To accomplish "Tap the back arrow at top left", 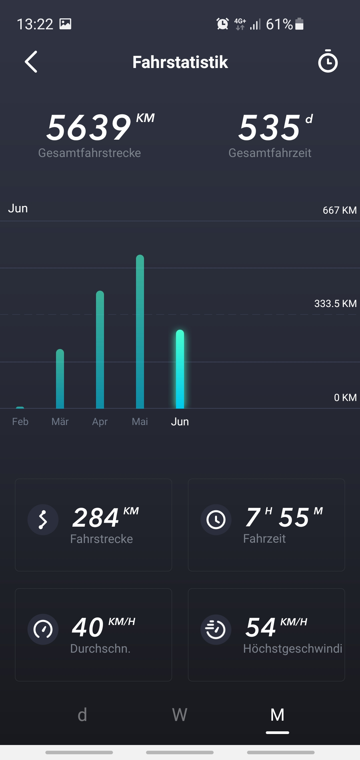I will [31, 62].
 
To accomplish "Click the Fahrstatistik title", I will [180, 62].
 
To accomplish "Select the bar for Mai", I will [140, 332].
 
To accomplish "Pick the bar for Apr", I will [100, 350].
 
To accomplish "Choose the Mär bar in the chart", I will [60, 379].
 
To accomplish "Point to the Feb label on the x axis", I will [20, 422].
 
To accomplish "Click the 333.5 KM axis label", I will [335, 304].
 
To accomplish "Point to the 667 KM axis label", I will [339, 210].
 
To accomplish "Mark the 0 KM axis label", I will [345, 398].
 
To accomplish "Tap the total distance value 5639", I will [89, 127].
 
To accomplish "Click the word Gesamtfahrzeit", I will [270, 153].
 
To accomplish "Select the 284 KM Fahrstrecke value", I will [96, 518].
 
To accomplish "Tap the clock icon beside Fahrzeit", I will [216, 520].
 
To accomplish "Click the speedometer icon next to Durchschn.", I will [43, 629].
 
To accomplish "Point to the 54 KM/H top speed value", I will [261, 627].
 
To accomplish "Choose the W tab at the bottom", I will [180, 715].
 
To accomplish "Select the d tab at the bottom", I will [82, 715].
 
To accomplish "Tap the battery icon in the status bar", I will [299, 24].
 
